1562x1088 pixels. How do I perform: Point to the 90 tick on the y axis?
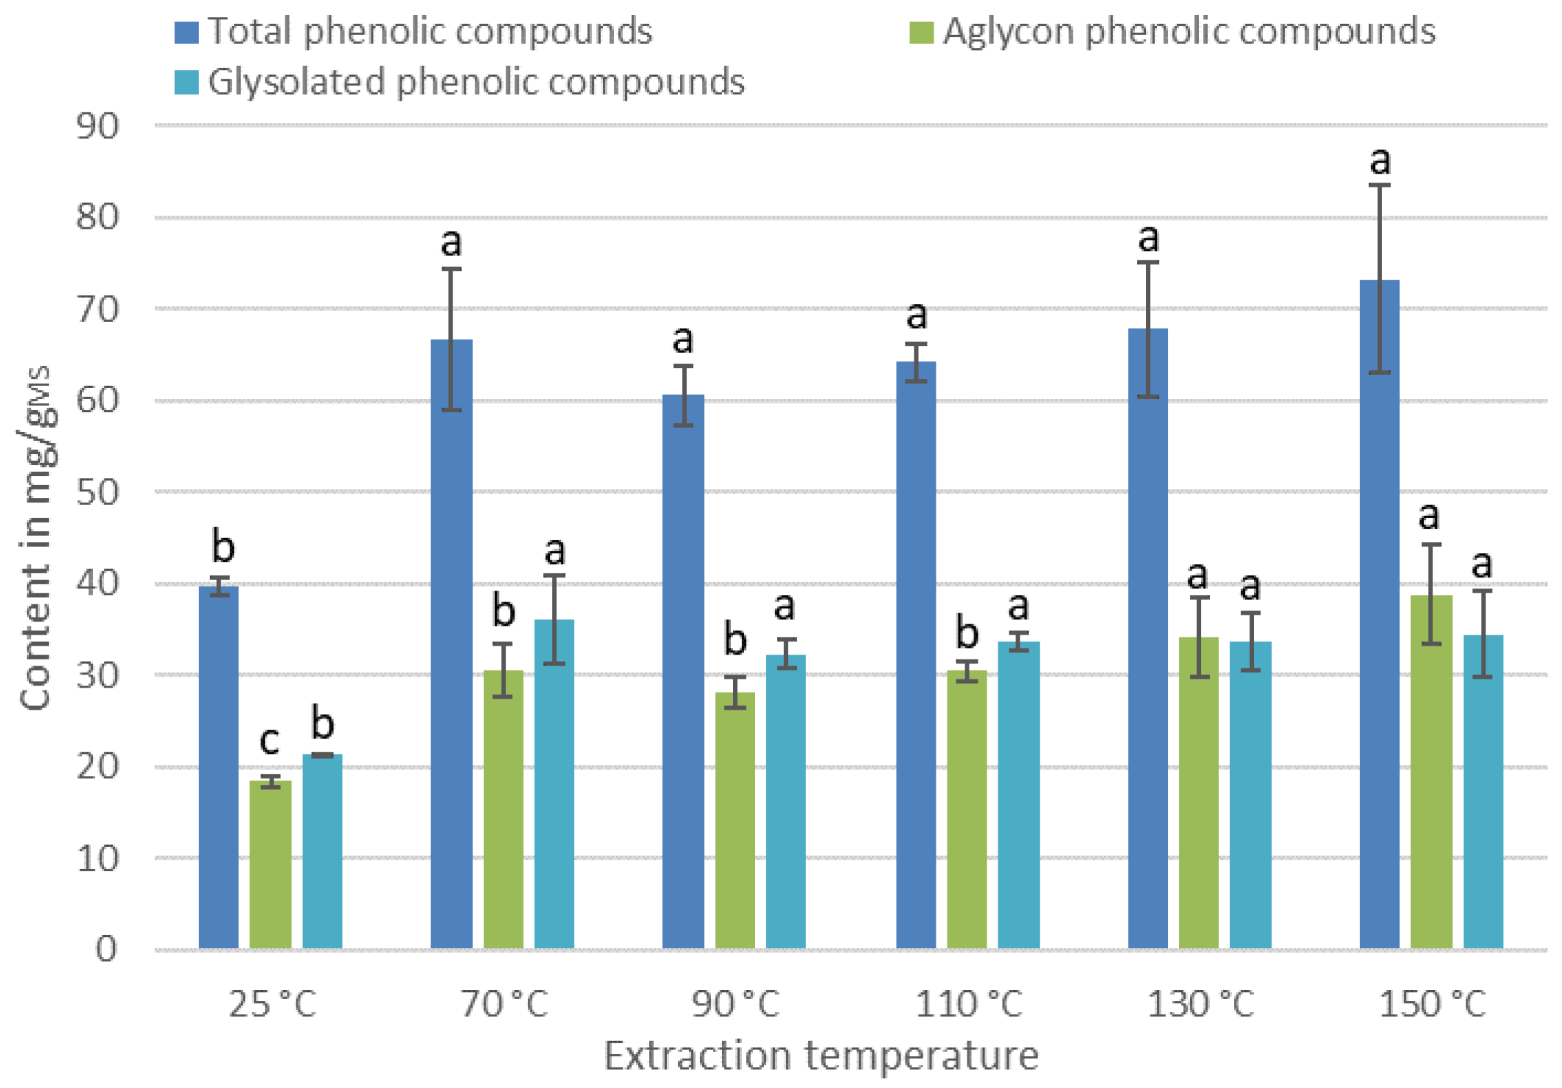[x=97, y=126]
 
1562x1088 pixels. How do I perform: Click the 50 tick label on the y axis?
[x=97, y=493]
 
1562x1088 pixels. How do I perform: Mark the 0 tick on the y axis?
[x=106, y=950]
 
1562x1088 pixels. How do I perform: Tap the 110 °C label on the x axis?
[x=968, y=1005]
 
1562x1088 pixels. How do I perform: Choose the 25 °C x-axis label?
[x=272, y=1005]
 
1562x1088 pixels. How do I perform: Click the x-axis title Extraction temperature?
[x=821, y=1056]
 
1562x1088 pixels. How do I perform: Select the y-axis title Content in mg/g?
[x=36, y=537]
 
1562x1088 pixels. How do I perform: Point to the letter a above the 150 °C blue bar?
[x=1380, y=161]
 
